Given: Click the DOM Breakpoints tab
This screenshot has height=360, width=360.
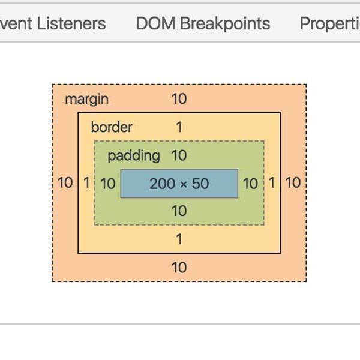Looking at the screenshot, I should click(203, 23).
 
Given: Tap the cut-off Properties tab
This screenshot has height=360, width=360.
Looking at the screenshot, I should click(329, 23).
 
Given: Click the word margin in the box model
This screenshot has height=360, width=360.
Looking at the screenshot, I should click(87, 99).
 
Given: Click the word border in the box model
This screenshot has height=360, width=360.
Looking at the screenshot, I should click(112, 127).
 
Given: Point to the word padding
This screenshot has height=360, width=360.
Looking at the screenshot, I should click(134, 156).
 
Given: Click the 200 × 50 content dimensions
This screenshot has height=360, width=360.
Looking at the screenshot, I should click(179, 184).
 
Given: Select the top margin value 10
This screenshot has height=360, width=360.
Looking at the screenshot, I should click(179, 99).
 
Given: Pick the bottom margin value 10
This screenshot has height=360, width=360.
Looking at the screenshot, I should click(179, 268).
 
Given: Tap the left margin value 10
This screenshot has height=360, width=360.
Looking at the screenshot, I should click(65, 183).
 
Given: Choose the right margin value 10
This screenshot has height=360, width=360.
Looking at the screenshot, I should click(293, 183).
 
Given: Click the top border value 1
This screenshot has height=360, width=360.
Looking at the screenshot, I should click(179, 127).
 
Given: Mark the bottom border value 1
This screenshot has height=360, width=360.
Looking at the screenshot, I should click(179, 239).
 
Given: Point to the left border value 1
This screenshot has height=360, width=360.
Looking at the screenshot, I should click(86, 183).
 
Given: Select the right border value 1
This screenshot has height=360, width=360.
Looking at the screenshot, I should click(272, 183).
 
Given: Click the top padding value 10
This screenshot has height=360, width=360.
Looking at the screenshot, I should click(179, 156).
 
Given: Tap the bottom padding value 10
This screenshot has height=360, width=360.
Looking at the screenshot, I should click(179, 211).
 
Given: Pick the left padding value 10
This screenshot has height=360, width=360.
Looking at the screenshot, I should click(108, 184).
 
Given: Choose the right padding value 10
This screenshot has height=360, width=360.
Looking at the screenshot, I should click(250, 184).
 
